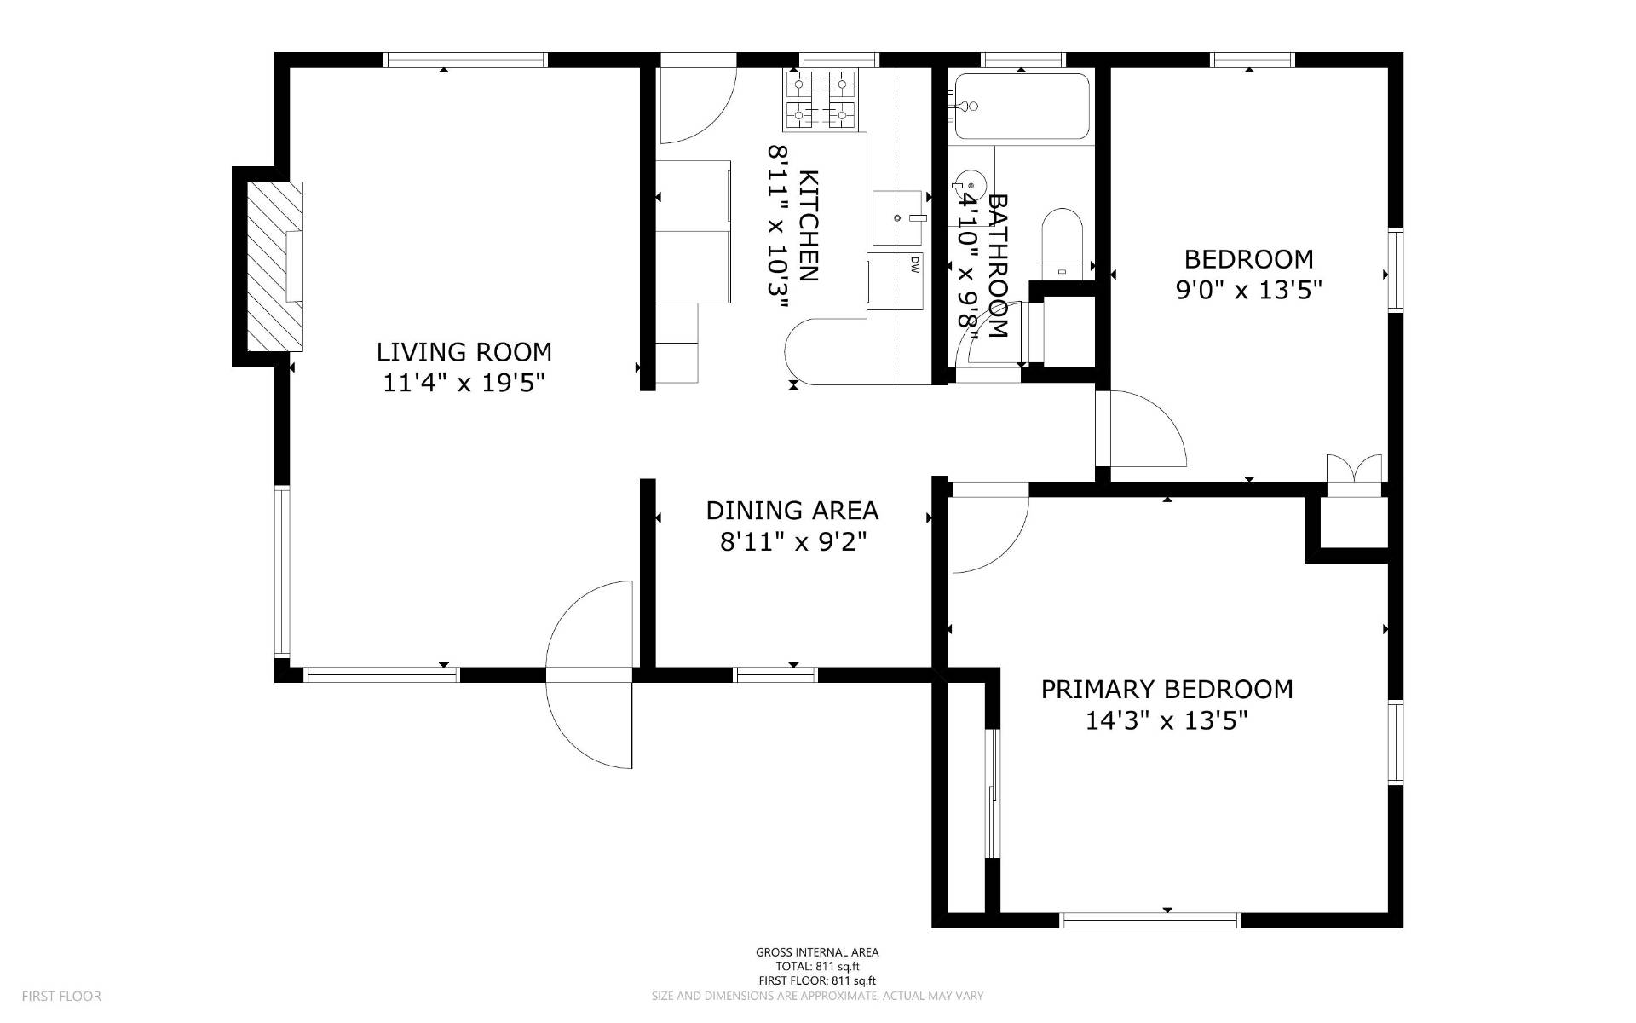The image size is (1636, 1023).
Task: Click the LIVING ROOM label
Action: pyautogui.click(x=464, y=351)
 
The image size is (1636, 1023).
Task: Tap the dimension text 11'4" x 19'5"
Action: pyautogui.click(x=464, y=383)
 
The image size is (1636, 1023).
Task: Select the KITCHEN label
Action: pyautogui.click(x=809, y=226)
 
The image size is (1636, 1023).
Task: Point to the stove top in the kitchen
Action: pyautogui.click(x=820, y=101)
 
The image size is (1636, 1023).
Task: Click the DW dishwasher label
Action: pyautogui.click(x=914, y=265)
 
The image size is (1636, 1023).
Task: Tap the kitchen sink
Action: pyautogui.click(x=898, y=218)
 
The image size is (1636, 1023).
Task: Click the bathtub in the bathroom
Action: pyautogui.click(x=1022, y=107)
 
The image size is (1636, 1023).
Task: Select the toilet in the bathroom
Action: pyautogui.click(x=1062, y=244)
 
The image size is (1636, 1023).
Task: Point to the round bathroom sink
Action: pyautogui.click(x=970, y=185)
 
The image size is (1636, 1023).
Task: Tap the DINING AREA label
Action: pyautogui.click(x=792, y=510)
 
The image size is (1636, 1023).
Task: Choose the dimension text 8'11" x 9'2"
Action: pyautogui.click(x=793, y=541)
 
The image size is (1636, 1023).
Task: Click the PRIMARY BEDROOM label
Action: pyautogui.click(x=1167, y=689)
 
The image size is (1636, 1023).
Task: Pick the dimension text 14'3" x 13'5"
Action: pyautogui.click(x=1167, y=720)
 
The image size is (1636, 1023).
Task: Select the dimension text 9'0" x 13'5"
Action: pyautogui.click(x=1249, y=290)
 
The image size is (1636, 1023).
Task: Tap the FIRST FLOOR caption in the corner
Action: pyautogui.click(x=61, y=996)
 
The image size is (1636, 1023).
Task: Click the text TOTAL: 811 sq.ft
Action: pyautogui.click(x=817, y=967)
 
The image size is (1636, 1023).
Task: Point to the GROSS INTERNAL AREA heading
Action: pyautogui.click(x=817, y=952)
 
